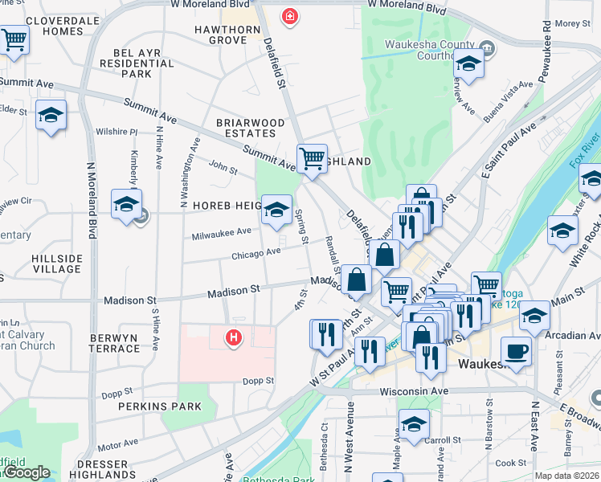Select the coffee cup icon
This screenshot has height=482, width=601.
(x=516, y=350)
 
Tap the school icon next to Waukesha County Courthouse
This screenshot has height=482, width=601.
(x=469, y=63)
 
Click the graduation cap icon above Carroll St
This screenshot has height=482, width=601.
(x=415, y=423)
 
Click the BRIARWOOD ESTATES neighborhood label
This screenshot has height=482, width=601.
(x=250, y=128)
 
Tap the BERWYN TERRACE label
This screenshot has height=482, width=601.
(x=104, y=343)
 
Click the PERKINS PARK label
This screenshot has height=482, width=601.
(x=160, y=406)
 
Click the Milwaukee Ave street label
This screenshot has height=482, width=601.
(x=221, y=233)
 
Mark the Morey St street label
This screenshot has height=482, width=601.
(x=572, y=23)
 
